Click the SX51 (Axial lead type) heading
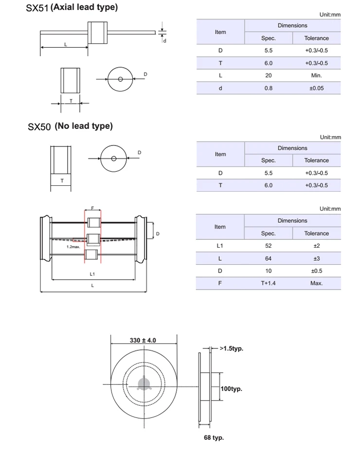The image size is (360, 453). [72, 8]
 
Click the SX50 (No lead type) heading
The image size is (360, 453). [70, 126]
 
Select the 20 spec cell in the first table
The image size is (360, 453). [268, 75]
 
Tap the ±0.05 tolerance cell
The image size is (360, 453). [316, 88]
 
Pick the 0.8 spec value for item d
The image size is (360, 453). [268, 88]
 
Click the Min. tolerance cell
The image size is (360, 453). [316, 75]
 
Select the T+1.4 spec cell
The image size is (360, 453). [268, 283]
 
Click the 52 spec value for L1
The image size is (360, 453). [268, 246]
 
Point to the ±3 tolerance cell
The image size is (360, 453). [316, 258]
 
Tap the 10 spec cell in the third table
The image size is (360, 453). [268, 271]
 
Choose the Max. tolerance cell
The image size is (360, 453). [316, 283]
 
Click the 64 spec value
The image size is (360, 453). [268, 258]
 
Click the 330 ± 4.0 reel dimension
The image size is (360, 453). [143, 340]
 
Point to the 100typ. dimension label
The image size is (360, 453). [231, 389]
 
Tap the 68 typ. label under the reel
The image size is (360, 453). [214, 437]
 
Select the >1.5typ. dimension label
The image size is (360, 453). [231, 348]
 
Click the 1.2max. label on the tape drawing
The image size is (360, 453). [73, 247]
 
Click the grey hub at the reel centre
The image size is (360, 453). [143, 384]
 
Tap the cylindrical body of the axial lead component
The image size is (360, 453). [97, 32]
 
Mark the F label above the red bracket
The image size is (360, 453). [92, 208]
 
